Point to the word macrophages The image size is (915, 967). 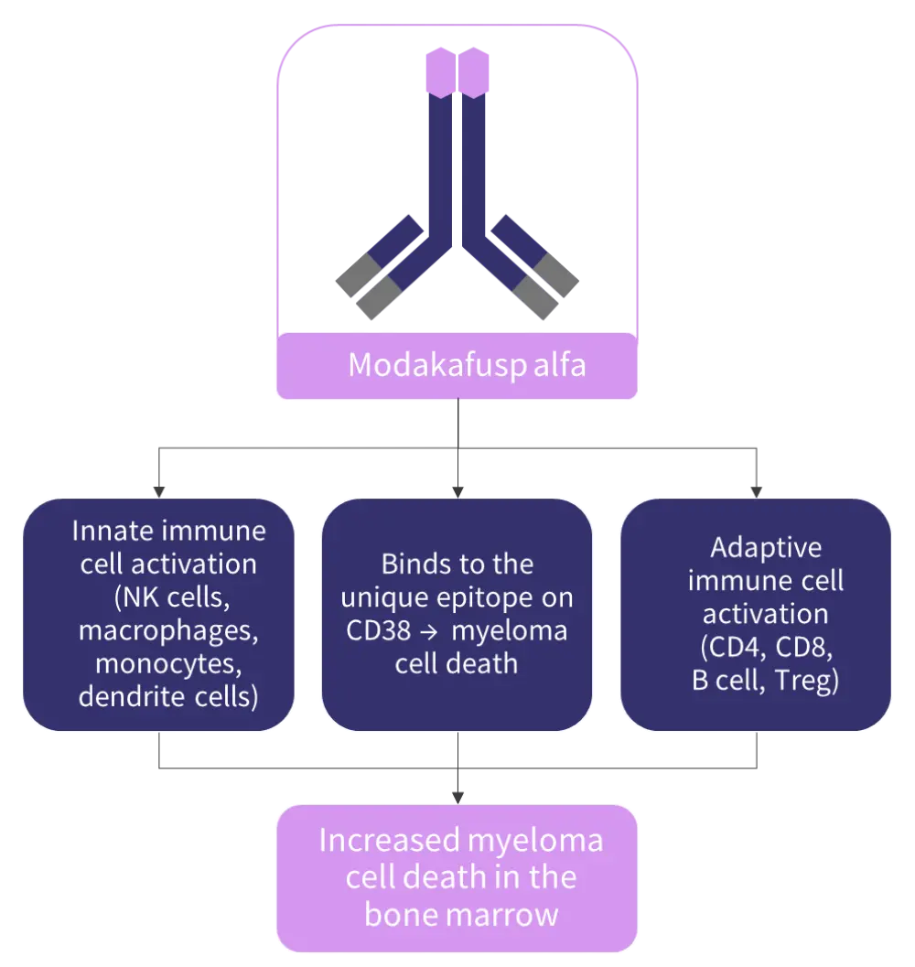[168, 630]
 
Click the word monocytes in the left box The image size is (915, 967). [168, 663]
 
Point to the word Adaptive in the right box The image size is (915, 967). [766, 547]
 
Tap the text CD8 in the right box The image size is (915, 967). [803, 648]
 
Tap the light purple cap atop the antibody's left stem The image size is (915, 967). [440, 72]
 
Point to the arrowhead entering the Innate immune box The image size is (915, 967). [160, 491]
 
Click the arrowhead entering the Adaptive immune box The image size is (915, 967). [756, 491]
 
